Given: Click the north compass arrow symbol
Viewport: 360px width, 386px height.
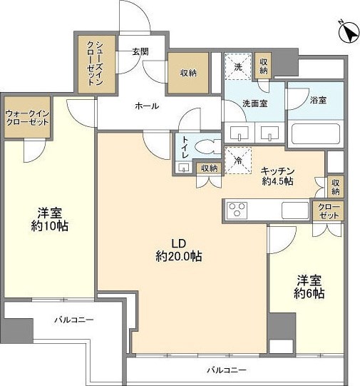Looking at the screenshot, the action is coord(349,33).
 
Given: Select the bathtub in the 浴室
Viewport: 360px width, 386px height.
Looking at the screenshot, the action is coord(315,133).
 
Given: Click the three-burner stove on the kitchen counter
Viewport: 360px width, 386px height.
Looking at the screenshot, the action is coord(237,210).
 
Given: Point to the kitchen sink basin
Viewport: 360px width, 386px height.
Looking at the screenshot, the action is coord(295,210).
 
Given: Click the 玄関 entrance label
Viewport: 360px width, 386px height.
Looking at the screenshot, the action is coord(140,51).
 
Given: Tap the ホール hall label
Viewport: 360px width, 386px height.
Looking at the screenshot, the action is coord(147,106).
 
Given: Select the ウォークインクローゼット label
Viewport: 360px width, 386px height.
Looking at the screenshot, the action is coord(27,118).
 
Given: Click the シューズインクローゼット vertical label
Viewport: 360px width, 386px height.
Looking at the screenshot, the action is coord(95,64).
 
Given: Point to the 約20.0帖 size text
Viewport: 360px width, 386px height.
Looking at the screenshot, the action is coord(179,257).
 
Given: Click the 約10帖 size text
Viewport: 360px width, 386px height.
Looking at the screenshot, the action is coord(49,225).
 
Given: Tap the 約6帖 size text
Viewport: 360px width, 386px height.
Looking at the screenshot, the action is coord(309,293).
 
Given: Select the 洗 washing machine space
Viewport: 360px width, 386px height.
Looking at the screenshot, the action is coord(238,66).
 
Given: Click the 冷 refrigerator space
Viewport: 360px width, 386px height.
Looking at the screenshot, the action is coord(238,161).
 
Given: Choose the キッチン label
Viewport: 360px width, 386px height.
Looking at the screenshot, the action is coord(277,171).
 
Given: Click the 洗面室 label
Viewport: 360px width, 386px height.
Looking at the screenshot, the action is coord(255,103).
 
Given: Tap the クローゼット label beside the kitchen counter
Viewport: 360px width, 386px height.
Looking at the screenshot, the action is coord(329,211).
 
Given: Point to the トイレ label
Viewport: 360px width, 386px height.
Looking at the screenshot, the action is coord(185,147).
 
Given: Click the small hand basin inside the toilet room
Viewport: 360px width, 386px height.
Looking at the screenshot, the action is coord(183,168).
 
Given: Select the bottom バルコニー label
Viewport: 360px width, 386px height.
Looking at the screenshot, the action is coord(227,370).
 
